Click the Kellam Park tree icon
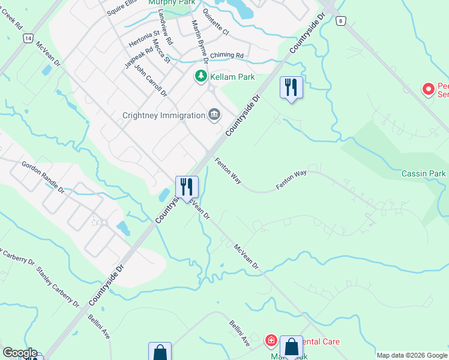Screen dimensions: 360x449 (200, 77)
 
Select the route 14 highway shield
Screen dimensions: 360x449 (28, 38)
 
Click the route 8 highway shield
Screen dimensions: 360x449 (341, 21)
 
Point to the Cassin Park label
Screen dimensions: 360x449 (424, 173)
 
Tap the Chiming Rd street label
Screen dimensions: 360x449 (227, 55)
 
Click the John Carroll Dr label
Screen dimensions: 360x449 (150, 80)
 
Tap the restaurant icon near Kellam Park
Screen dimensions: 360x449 (291, 88)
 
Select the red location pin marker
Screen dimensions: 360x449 (429, 89)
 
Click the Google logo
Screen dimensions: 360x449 (19, 353)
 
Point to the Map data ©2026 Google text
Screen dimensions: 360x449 (411, 355)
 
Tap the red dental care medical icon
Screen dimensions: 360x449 (271, 341)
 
